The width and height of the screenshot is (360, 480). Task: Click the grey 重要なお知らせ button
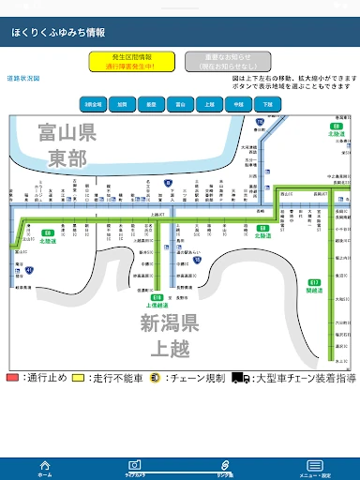(221, 62)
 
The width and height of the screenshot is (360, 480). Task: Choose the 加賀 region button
(123, 103)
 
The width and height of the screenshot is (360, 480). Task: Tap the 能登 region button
(151, 103)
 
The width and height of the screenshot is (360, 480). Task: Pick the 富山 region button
(180, 103)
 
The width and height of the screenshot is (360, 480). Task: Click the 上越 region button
(209, 103)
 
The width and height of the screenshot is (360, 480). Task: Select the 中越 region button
(238, 103)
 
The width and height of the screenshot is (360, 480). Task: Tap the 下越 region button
(267, 103)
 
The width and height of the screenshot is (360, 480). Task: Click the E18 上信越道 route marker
(157, 297)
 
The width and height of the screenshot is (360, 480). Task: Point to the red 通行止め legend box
(12, 378)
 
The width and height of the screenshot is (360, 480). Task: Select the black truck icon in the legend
(241, 378)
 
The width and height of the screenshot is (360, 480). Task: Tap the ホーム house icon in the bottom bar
(44, 466)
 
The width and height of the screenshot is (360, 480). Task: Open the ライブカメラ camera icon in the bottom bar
(135, 466)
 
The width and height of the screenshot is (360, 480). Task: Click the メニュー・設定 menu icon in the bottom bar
(315, 466)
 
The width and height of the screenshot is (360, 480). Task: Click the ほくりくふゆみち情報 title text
(58, 33)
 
